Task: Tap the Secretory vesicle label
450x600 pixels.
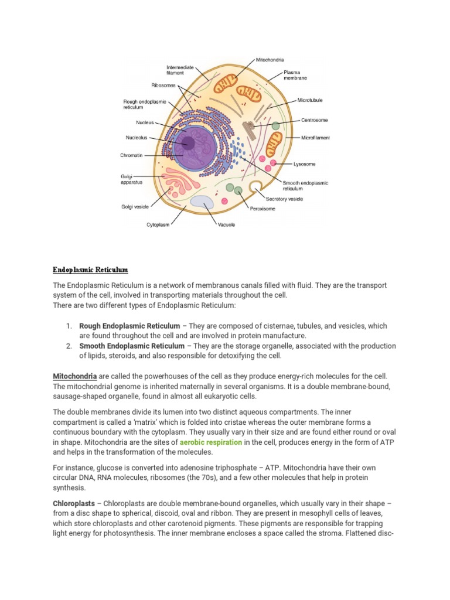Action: pos(299,199)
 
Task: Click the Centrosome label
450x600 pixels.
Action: pos(314,120)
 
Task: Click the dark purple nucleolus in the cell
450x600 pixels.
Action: pos(189,142)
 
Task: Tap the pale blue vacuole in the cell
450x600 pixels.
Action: pos(202,203)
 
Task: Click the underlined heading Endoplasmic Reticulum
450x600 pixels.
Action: pos(90,270)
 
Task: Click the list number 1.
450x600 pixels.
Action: pos(69,326)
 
